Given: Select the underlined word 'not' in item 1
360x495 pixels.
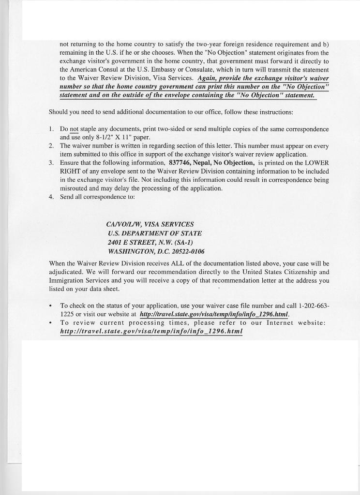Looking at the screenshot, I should [x=74, y=130].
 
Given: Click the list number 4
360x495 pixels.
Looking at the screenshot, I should [x=51, y=197].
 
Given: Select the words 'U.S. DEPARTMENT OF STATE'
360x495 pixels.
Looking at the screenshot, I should [x=155, y=233].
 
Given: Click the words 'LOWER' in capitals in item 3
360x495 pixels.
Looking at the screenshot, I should [x=317, y=162].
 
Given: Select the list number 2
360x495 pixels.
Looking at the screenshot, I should [x=51, y=146].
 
